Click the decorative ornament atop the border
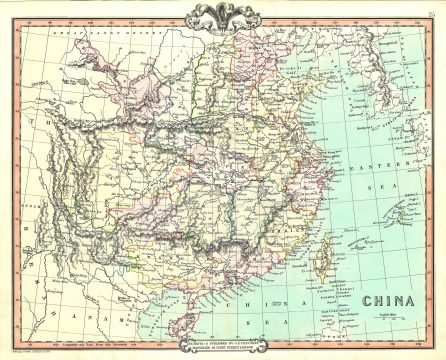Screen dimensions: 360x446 [x=223, y=13]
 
